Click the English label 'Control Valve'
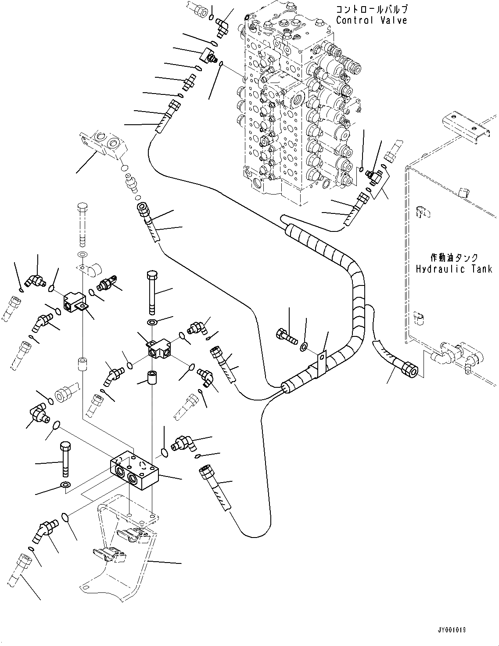click(371, 20)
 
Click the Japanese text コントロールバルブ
click(371, 9)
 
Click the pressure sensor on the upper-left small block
click(108, 284)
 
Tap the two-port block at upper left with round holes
click(105, 142)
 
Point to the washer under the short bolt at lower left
click(65, 485)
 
